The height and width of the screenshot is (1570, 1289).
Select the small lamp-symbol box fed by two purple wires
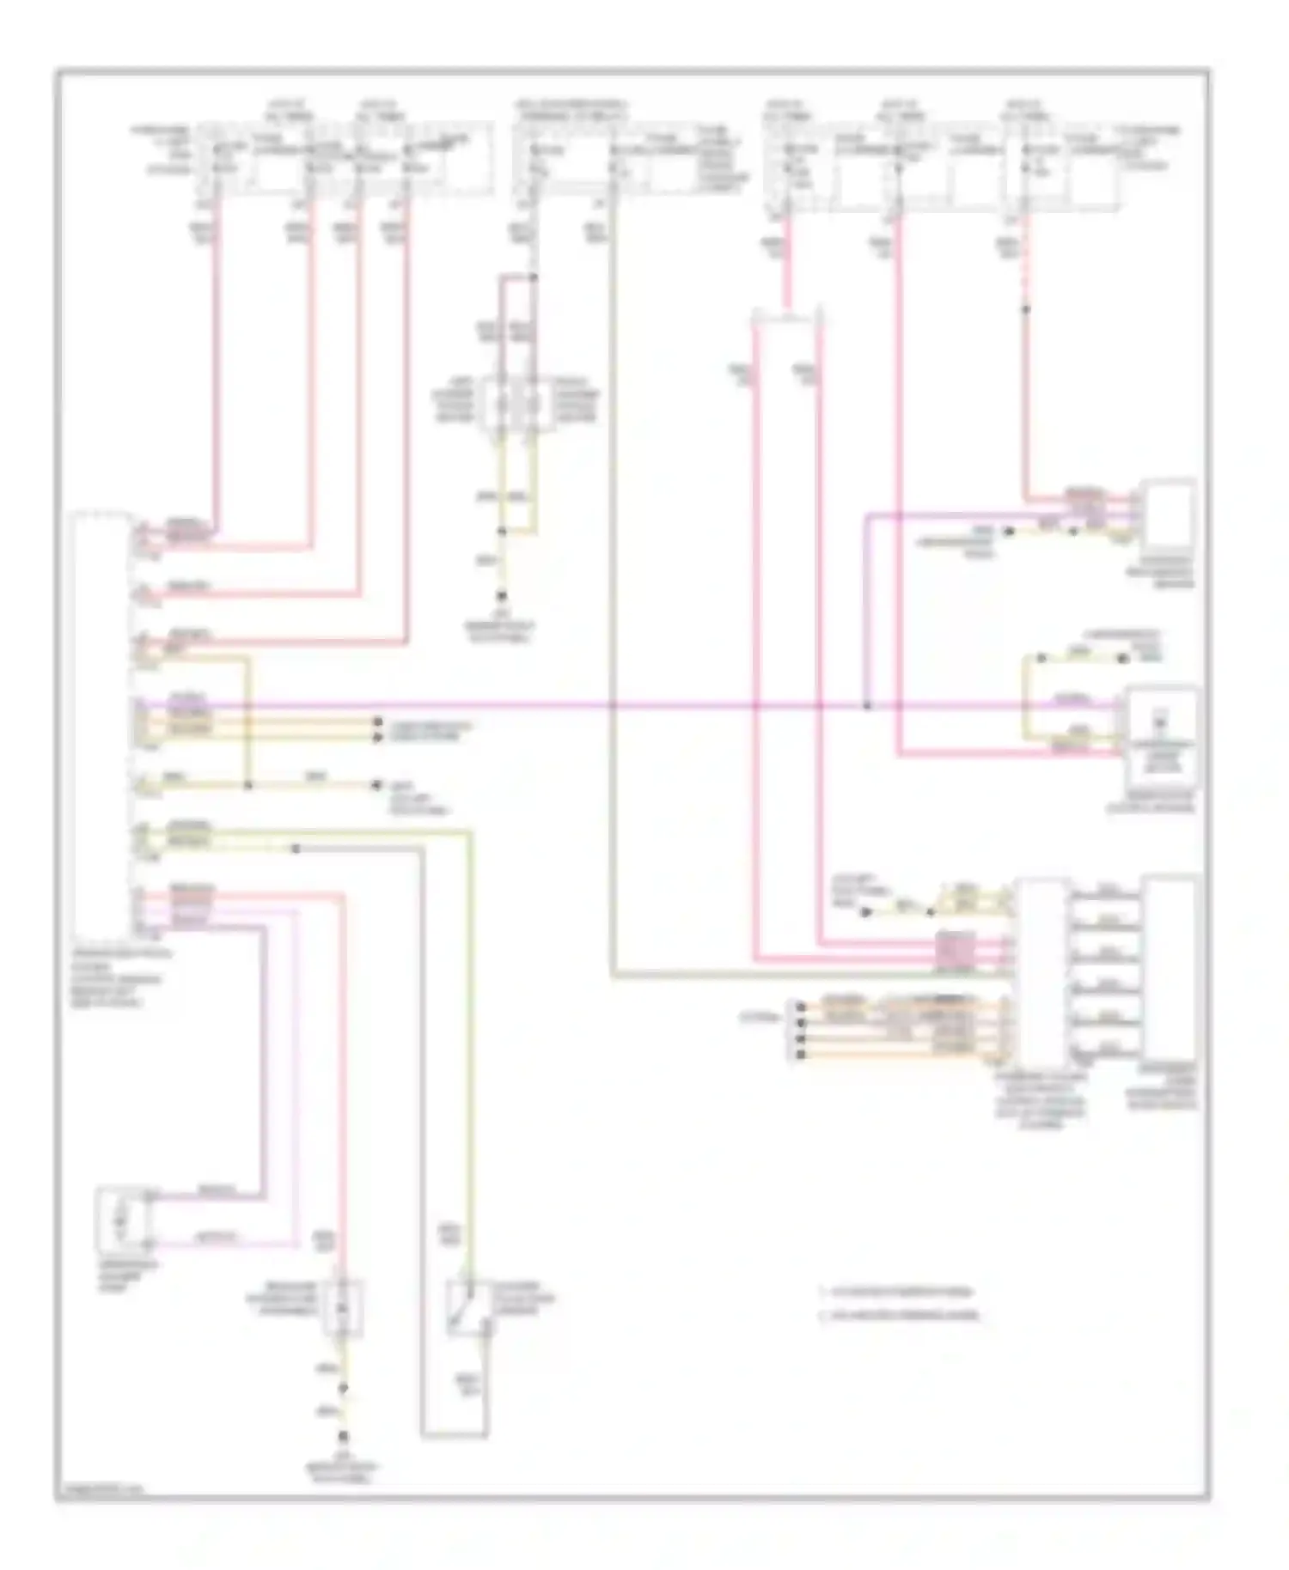tap(125, 1218)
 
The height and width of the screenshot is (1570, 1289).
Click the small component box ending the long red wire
tap(343, 1307)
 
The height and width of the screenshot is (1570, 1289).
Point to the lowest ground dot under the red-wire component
tap(343, 1437)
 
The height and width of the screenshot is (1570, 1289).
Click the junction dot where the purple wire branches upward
tap(866, 706)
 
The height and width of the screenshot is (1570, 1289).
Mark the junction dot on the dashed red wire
tap(1025, 308)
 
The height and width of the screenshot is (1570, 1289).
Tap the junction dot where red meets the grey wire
tap(534, 277)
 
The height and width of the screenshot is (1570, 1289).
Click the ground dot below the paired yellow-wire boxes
tap(504, 595)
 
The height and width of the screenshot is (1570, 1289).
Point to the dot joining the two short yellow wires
tap(504, 532)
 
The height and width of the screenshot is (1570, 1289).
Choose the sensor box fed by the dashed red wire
tap(1165, 513)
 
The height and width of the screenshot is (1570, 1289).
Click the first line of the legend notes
tap(898, 1291)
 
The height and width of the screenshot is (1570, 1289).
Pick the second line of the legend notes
tap(902, 1315)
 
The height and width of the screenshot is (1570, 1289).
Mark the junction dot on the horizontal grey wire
tap(295, 849)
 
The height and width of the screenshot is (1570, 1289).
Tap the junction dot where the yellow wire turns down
tap(248, 785)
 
